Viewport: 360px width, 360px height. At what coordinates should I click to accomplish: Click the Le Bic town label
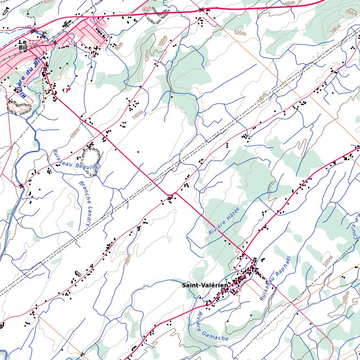(22, 45)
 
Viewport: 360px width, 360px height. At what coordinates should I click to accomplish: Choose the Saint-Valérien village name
(204, 285)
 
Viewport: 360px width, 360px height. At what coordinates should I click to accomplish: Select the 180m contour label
(335, 30)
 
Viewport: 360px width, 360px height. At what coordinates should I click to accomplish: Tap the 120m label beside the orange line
(240, 33)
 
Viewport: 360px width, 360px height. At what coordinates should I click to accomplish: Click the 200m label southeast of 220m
(346, 297)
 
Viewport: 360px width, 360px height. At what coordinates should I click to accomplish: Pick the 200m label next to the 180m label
(351, 12)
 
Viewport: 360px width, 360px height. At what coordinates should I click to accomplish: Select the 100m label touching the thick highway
(289, 3)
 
